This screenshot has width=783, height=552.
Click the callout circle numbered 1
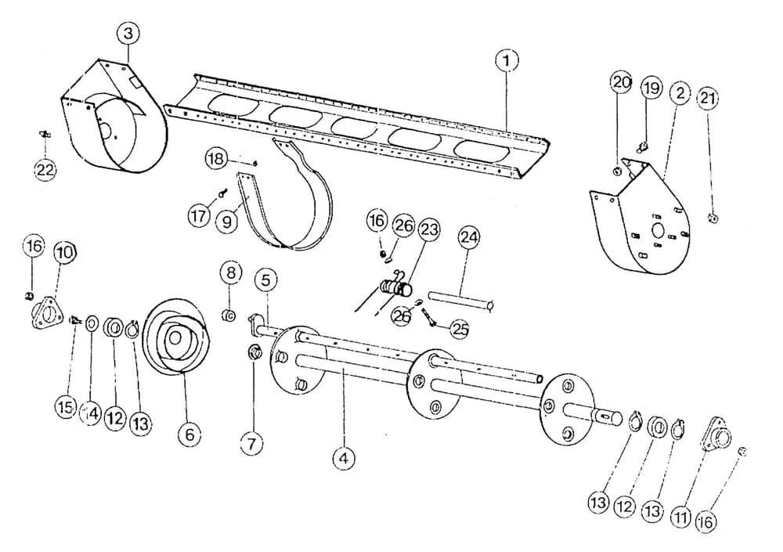[507, 61]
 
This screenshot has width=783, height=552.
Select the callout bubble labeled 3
[128, 34]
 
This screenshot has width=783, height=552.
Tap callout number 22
[45, 170]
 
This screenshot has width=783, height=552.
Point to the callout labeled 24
[469, 238]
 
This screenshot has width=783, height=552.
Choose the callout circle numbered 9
[228, 221]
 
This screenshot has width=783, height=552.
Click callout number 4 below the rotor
[344, 457]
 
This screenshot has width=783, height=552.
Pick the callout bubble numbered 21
[708, 98]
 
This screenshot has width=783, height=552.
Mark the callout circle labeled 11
[681, 517]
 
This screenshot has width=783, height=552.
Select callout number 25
[460, 328]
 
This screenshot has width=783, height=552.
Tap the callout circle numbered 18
[216, 160]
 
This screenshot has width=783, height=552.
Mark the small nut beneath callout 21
[713, 218]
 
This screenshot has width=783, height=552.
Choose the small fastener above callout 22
[45, 134]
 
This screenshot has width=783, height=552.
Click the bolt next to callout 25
[429, 317]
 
